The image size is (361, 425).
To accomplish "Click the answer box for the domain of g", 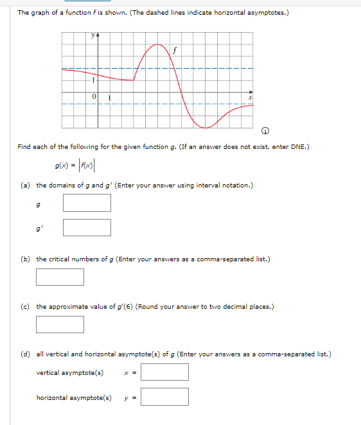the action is tap(87, 203).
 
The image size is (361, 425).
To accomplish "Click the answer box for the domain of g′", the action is tap(87, 227).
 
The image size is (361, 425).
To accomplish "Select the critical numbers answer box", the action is tap(60, 277).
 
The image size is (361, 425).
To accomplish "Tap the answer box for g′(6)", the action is tap(60, 324).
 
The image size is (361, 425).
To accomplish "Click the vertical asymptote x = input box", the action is tap(164, 372).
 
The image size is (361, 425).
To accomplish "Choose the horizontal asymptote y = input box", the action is tap(164, 397).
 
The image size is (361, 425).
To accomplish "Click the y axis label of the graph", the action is tap(94, 37).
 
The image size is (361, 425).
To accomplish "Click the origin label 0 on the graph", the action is tap(94, 97).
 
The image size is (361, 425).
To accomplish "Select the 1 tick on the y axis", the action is tap(93, 80).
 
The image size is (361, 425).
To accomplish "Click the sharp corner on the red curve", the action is tap(134, 80).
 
